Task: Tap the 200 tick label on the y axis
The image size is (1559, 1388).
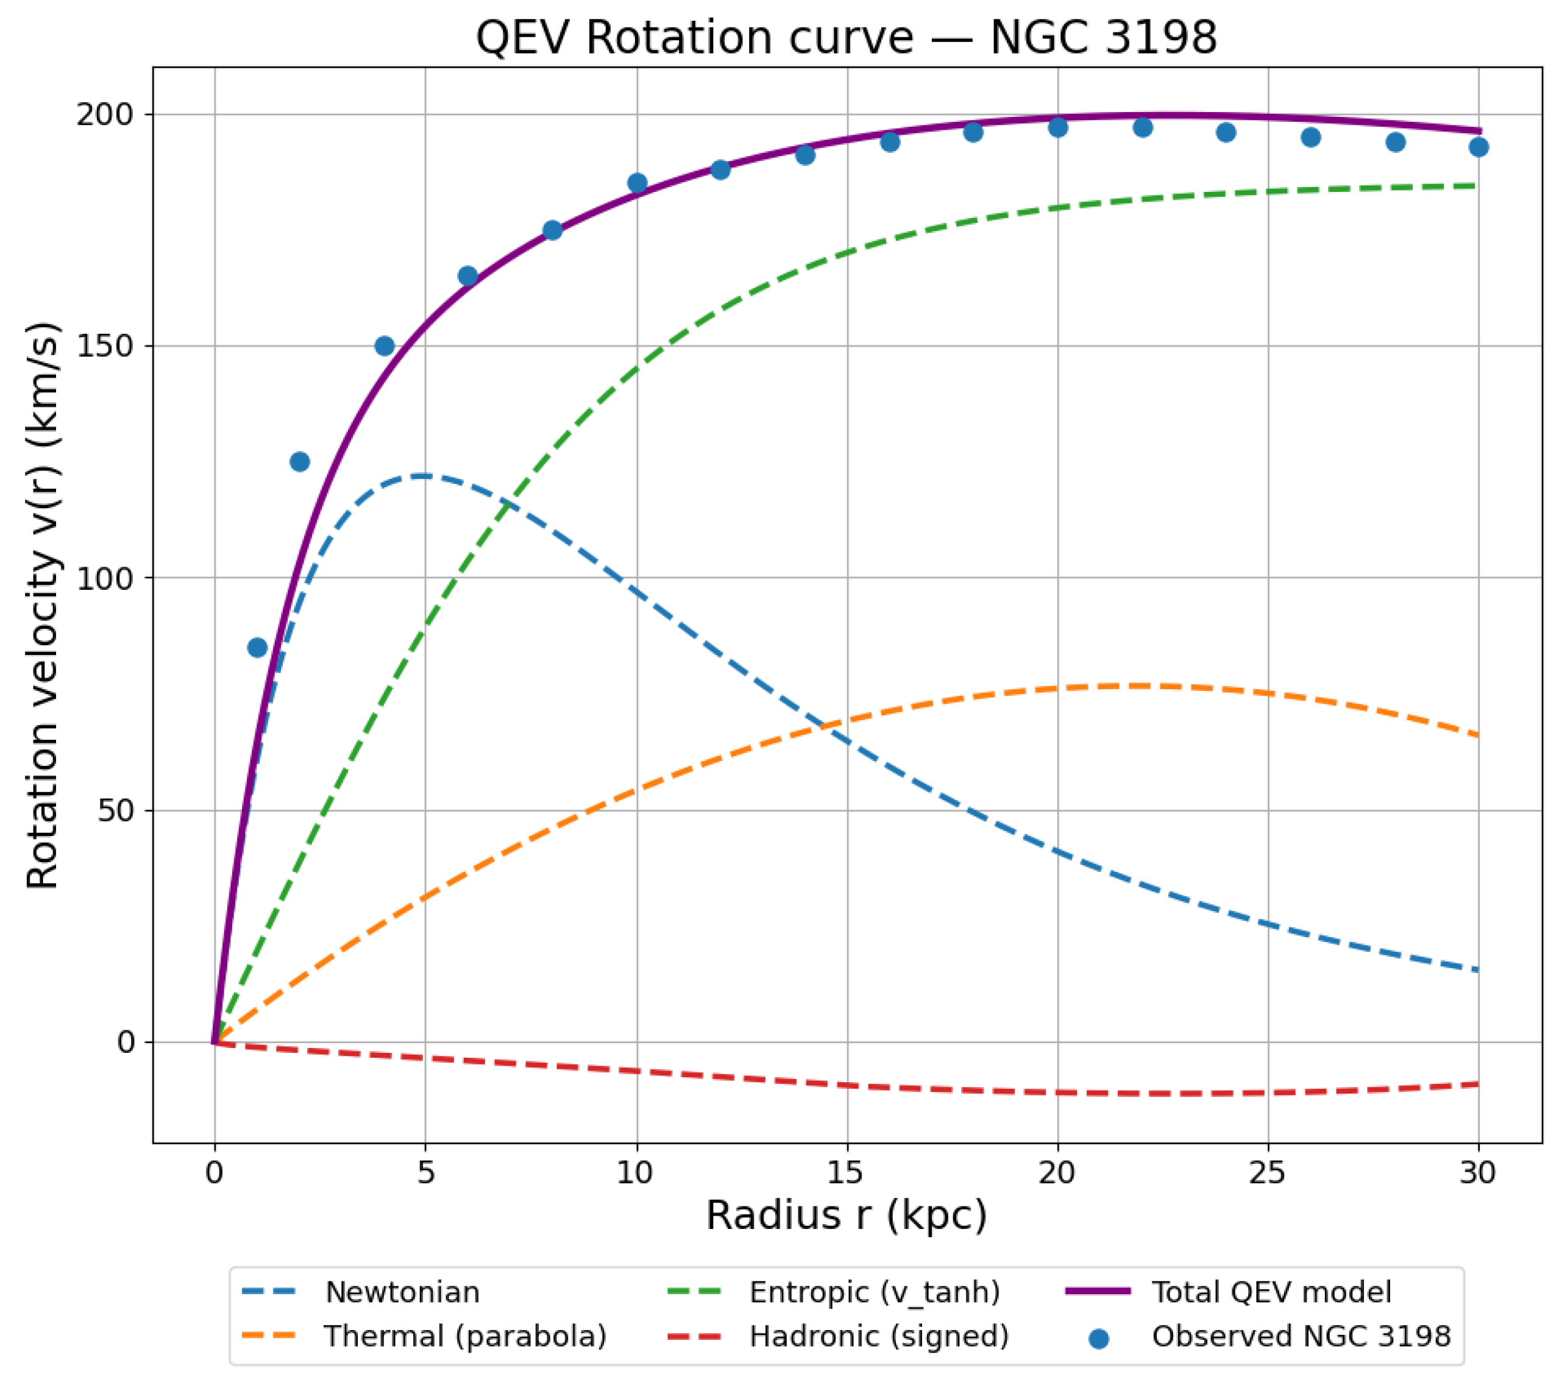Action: click(104, 115)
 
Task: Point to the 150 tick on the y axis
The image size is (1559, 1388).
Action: click(104, 346)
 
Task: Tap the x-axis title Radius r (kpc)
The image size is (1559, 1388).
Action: click(846, 1216)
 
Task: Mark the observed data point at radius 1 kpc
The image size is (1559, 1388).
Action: click(257, 648)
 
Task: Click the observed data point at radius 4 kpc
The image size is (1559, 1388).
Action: click(385, 346)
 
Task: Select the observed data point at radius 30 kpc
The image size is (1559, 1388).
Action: click(1478, 147)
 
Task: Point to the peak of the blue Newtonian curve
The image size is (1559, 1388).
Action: click(422, 476)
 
